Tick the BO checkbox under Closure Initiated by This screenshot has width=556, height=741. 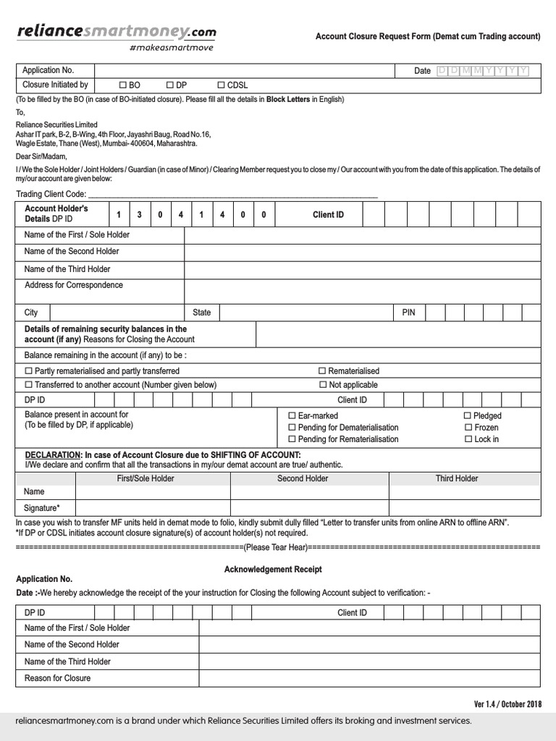(x=123, y=85)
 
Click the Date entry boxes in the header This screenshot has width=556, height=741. (x=483, y=70)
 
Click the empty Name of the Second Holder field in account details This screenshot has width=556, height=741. (x=362, y=252)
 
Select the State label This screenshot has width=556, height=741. (x=201, y=313)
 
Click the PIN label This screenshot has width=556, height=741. (x=409, y=313)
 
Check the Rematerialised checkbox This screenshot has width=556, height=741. (x=322, y=371)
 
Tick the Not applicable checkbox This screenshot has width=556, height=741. (x=322, y=385)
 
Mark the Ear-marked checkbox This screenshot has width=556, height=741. (x=292, y=416)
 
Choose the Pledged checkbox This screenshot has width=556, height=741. (x=467, y=416)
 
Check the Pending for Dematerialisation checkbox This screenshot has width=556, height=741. (x=292, y=428)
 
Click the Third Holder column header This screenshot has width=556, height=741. (x=457, y=478)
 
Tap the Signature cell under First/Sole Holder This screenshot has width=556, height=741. (x=153, y=507)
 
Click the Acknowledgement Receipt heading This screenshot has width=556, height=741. (x=273, y=569)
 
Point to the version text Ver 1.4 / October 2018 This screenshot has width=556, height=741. (x=507, y=704)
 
